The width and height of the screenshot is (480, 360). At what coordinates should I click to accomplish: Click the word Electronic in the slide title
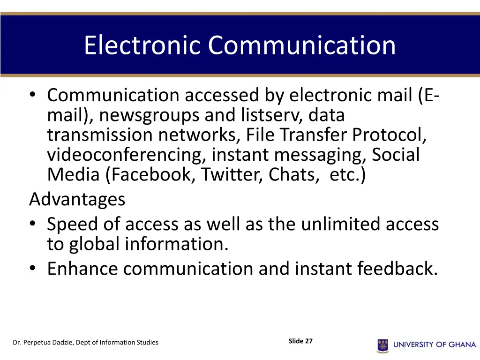143,45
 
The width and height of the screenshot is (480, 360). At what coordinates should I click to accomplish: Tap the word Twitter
232,175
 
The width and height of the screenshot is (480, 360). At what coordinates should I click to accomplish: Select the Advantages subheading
77,200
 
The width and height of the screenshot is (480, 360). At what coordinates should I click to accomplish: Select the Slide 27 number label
300,341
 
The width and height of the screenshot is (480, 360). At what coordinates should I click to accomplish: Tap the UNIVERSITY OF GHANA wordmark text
435,345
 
